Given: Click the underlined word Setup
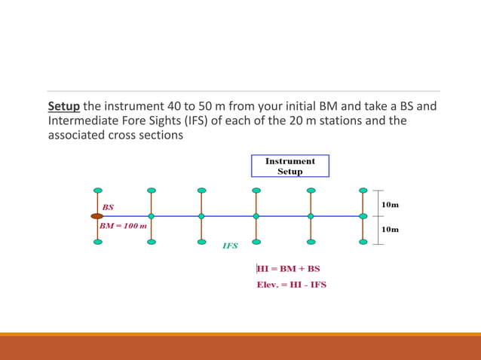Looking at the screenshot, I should point(63,106).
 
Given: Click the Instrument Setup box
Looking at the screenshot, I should point(290,166).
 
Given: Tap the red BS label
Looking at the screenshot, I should point(108,206).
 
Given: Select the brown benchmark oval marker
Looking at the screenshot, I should point(97,216).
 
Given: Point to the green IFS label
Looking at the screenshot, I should point(230,246).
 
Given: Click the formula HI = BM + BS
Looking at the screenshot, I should point(288,268).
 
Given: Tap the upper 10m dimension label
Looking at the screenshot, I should point(390,204).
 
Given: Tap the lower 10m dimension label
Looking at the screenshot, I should point(390,229).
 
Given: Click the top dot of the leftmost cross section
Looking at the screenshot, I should point(98,191).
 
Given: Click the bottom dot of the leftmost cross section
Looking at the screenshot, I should point(98,242).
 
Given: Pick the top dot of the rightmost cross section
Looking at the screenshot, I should point(363,191).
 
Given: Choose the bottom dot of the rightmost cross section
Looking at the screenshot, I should point(363,242).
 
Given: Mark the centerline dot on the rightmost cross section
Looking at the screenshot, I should point(363,216).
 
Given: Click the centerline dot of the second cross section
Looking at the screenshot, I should point(152,216).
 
